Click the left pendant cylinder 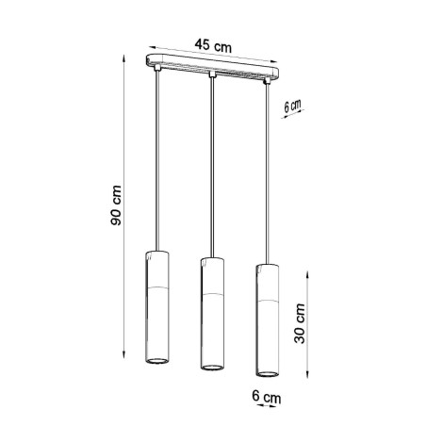pyautogui.click(x=156, y=309)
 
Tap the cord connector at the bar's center pyautogui.click(x=213, y=74)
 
